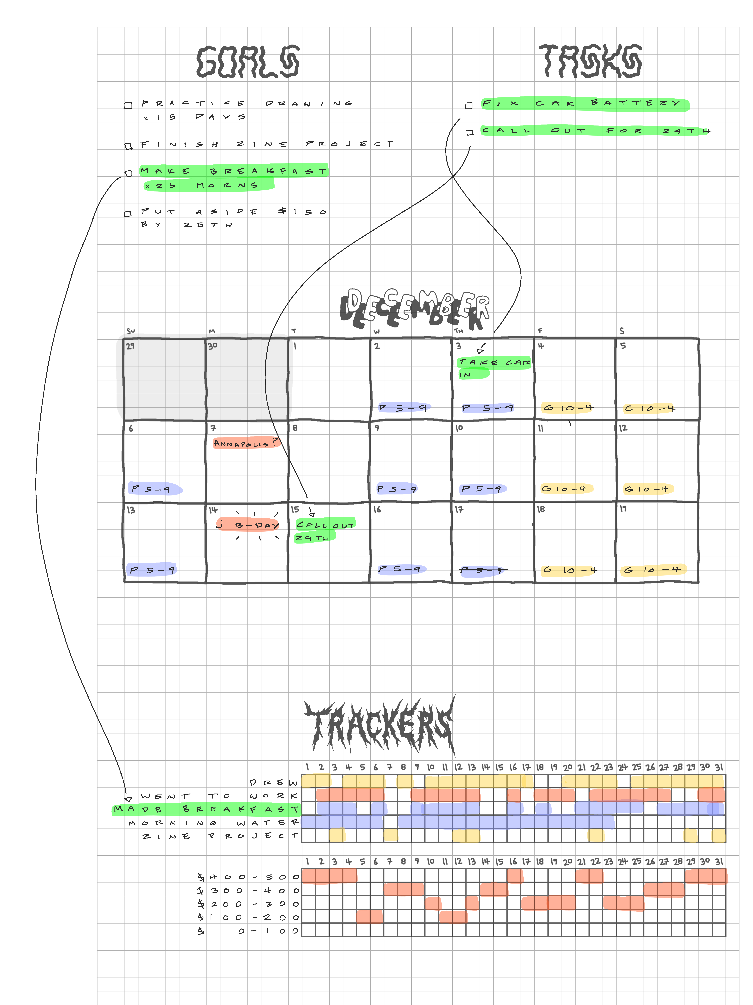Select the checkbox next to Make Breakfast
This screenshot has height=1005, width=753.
click(x=129, y=173)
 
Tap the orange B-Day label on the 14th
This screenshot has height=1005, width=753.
click(x=249, y=525)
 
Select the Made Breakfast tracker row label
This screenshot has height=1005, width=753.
click(x=207, y=809)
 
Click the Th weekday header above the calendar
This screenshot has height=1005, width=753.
click(x=458, y=331)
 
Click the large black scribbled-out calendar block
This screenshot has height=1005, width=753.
click(x=204, y=377)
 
